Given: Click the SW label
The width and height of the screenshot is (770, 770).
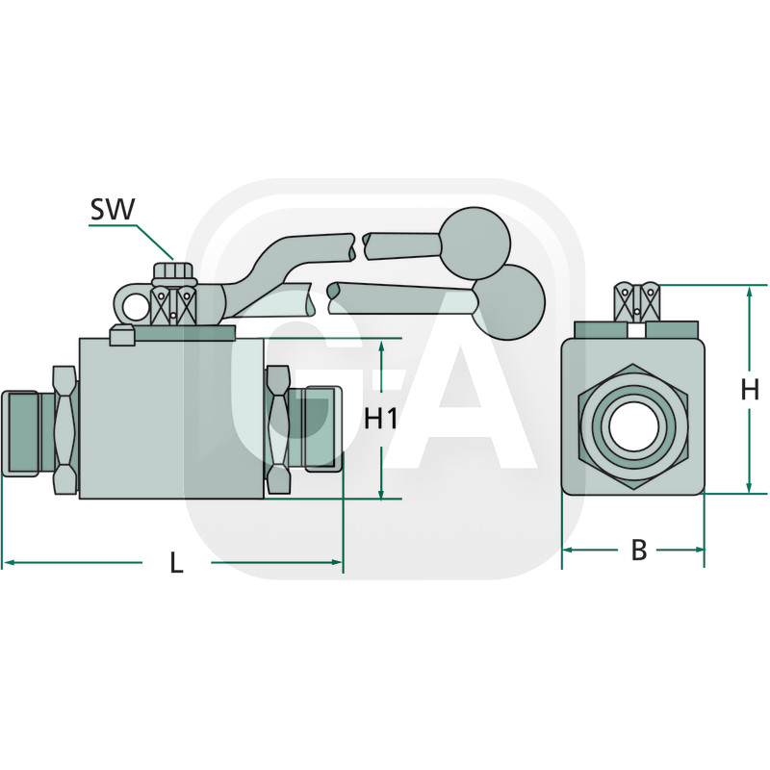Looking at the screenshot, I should tap(113, 209).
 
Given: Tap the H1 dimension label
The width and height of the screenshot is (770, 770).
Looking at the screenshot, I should tap(381, 419).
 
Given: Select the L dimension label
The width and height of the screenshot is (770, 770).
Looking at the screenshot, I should tap(176, 563).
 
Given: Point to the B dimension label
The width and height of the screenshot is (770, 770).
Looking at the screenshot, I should tap(637, 551).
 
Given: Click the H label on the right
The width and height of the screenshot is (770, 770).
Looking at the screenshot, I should tap(750, 390).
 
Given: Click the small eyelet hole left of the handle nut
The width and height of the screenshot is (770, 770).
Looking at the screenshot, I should tap(137, 307).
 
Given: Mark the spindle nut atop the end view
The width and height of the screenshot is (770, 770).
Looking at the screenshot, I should tap(635, 302).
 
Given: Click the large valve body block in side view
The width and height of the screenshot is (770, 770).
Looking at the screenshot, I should tap(171, 419).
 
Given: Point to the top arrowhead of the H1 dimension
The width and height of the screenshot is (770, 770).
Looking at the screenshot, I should tap(382, 346).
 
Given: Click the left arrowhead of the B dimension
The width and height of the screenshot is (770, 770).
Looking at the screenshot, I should tap(567, 550).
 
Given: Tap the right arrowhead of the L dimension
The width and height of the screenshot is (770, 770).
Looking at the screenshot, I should tap(338, 562).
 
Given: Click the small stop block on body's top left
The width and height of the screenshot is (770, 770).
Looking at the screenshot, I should tap(121, 335).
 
